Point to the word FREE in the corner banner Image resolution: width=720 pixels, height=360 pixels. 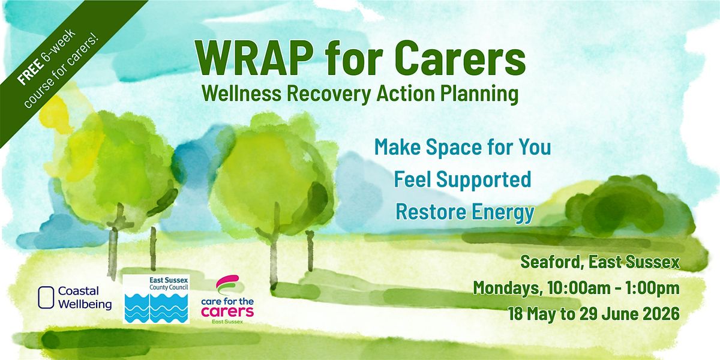[x=31, y=72]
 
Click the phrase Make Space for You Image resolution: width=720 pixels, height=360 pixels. [x=463, y=148]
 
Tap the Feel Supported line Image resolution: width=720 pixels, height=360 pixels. [x=463, y=180]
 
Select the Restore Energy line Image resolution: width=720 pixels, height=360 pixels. [x=465, y=213]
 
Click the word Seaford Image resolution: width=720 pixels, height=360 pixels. [x=552, y=263]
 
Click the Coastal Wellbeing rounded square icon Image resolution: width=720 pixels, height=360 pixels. [x=46, y=298]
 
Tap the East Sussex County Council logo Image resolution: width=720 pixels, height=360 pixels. [x=156, y=299]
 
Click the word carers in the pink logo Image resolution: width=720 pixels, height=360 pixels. [x=227, y=311]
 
